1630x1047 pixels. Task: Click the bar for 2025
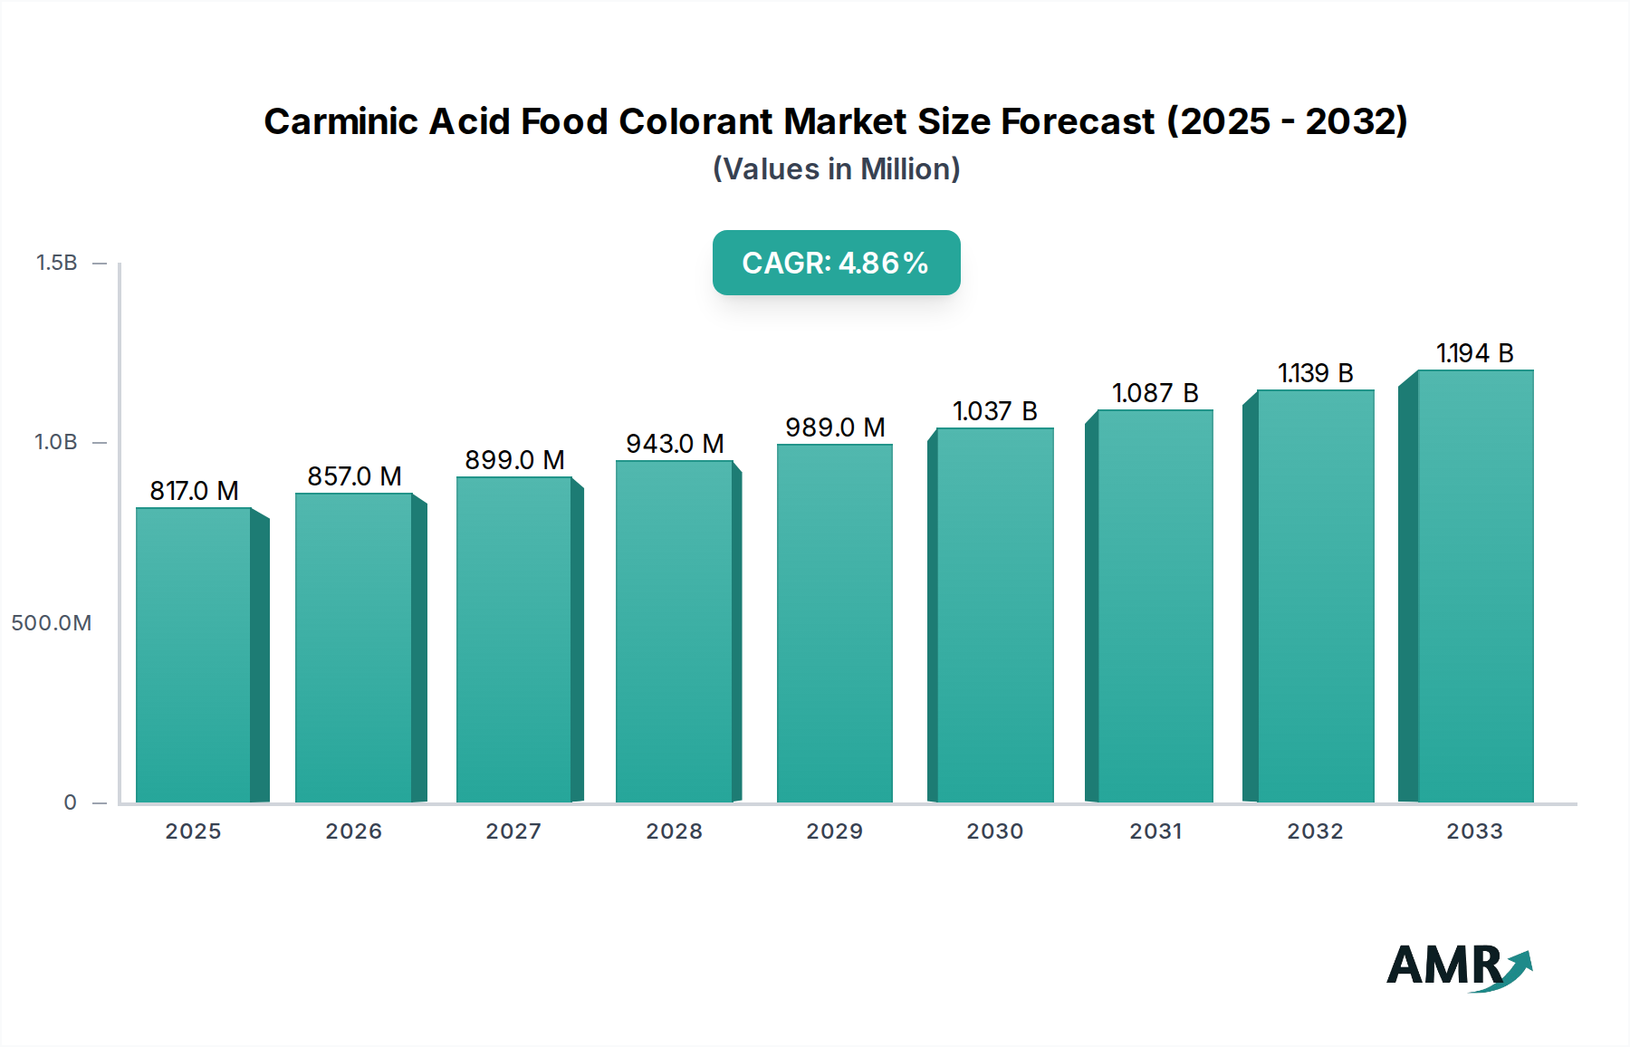pos(194,655)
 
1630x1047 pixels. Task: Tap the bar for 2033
pos(1474,586)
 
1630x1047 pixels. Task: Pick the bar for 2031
pos(1155,606)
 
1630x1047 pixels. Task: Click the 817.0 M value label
pos(194,491)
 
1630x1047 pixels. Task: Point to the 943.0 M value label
pos(675,444)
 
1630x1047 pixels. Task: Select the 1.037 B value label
pos(994,411)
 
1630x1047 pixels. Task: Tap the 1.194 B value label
pos(1474,353)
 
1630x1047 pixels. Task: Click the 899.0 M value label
pos(514,460)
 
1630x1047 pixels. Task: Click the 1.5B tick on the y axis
pos(56,263)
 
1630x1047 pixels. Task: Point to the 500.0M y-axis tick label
pos(51,623)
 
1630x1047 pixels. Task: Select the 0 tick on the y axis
pos(70,802)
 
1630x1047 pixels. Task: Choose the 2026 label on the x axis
pos(353,831)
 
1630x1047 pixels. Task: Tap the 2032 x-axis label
pos(1315,831)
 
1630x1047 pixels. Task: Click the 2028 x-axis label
pos(674,831)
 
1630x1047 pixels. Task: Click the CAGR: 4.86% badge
pos(836,263)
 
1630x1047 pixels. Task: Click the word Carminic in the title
pos(341,121)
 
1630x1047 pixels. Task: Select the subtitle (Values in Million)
pos(836,169)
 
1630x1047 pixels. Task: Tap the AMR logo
pos(1458,965)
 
